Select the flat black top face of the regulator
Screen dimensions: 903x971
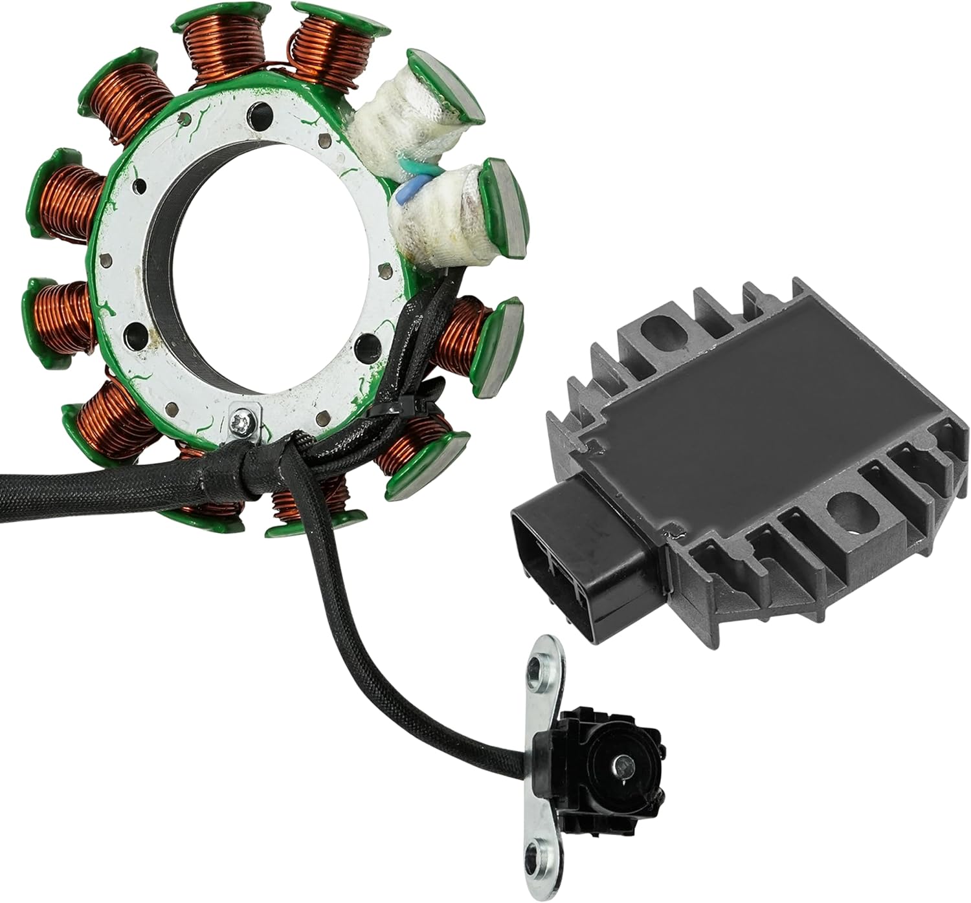(x=725, y=420)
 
